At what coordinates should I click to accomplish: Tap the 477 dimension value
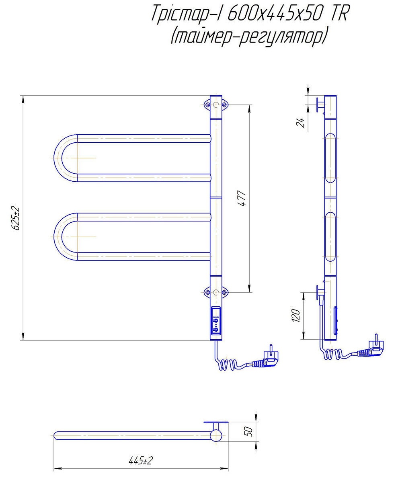(242, 198)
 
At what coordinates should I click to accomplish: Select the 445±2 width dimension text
(141, 460)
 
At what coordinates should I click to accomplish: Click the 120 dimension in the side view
(296, 315)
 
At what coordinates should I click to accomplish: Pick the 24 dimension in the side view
(300, 123)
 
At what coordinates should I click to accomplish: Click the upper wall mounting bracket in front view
(216, 105)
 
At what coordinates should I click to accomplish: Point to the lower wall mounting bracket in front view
(216, 292)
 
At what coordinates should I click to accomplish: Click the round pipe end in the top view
(217, 435)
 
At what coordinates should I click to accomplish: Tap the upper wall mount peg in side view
(320, 105)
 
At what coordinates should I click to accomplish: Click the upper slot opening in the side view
(330, 158)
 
